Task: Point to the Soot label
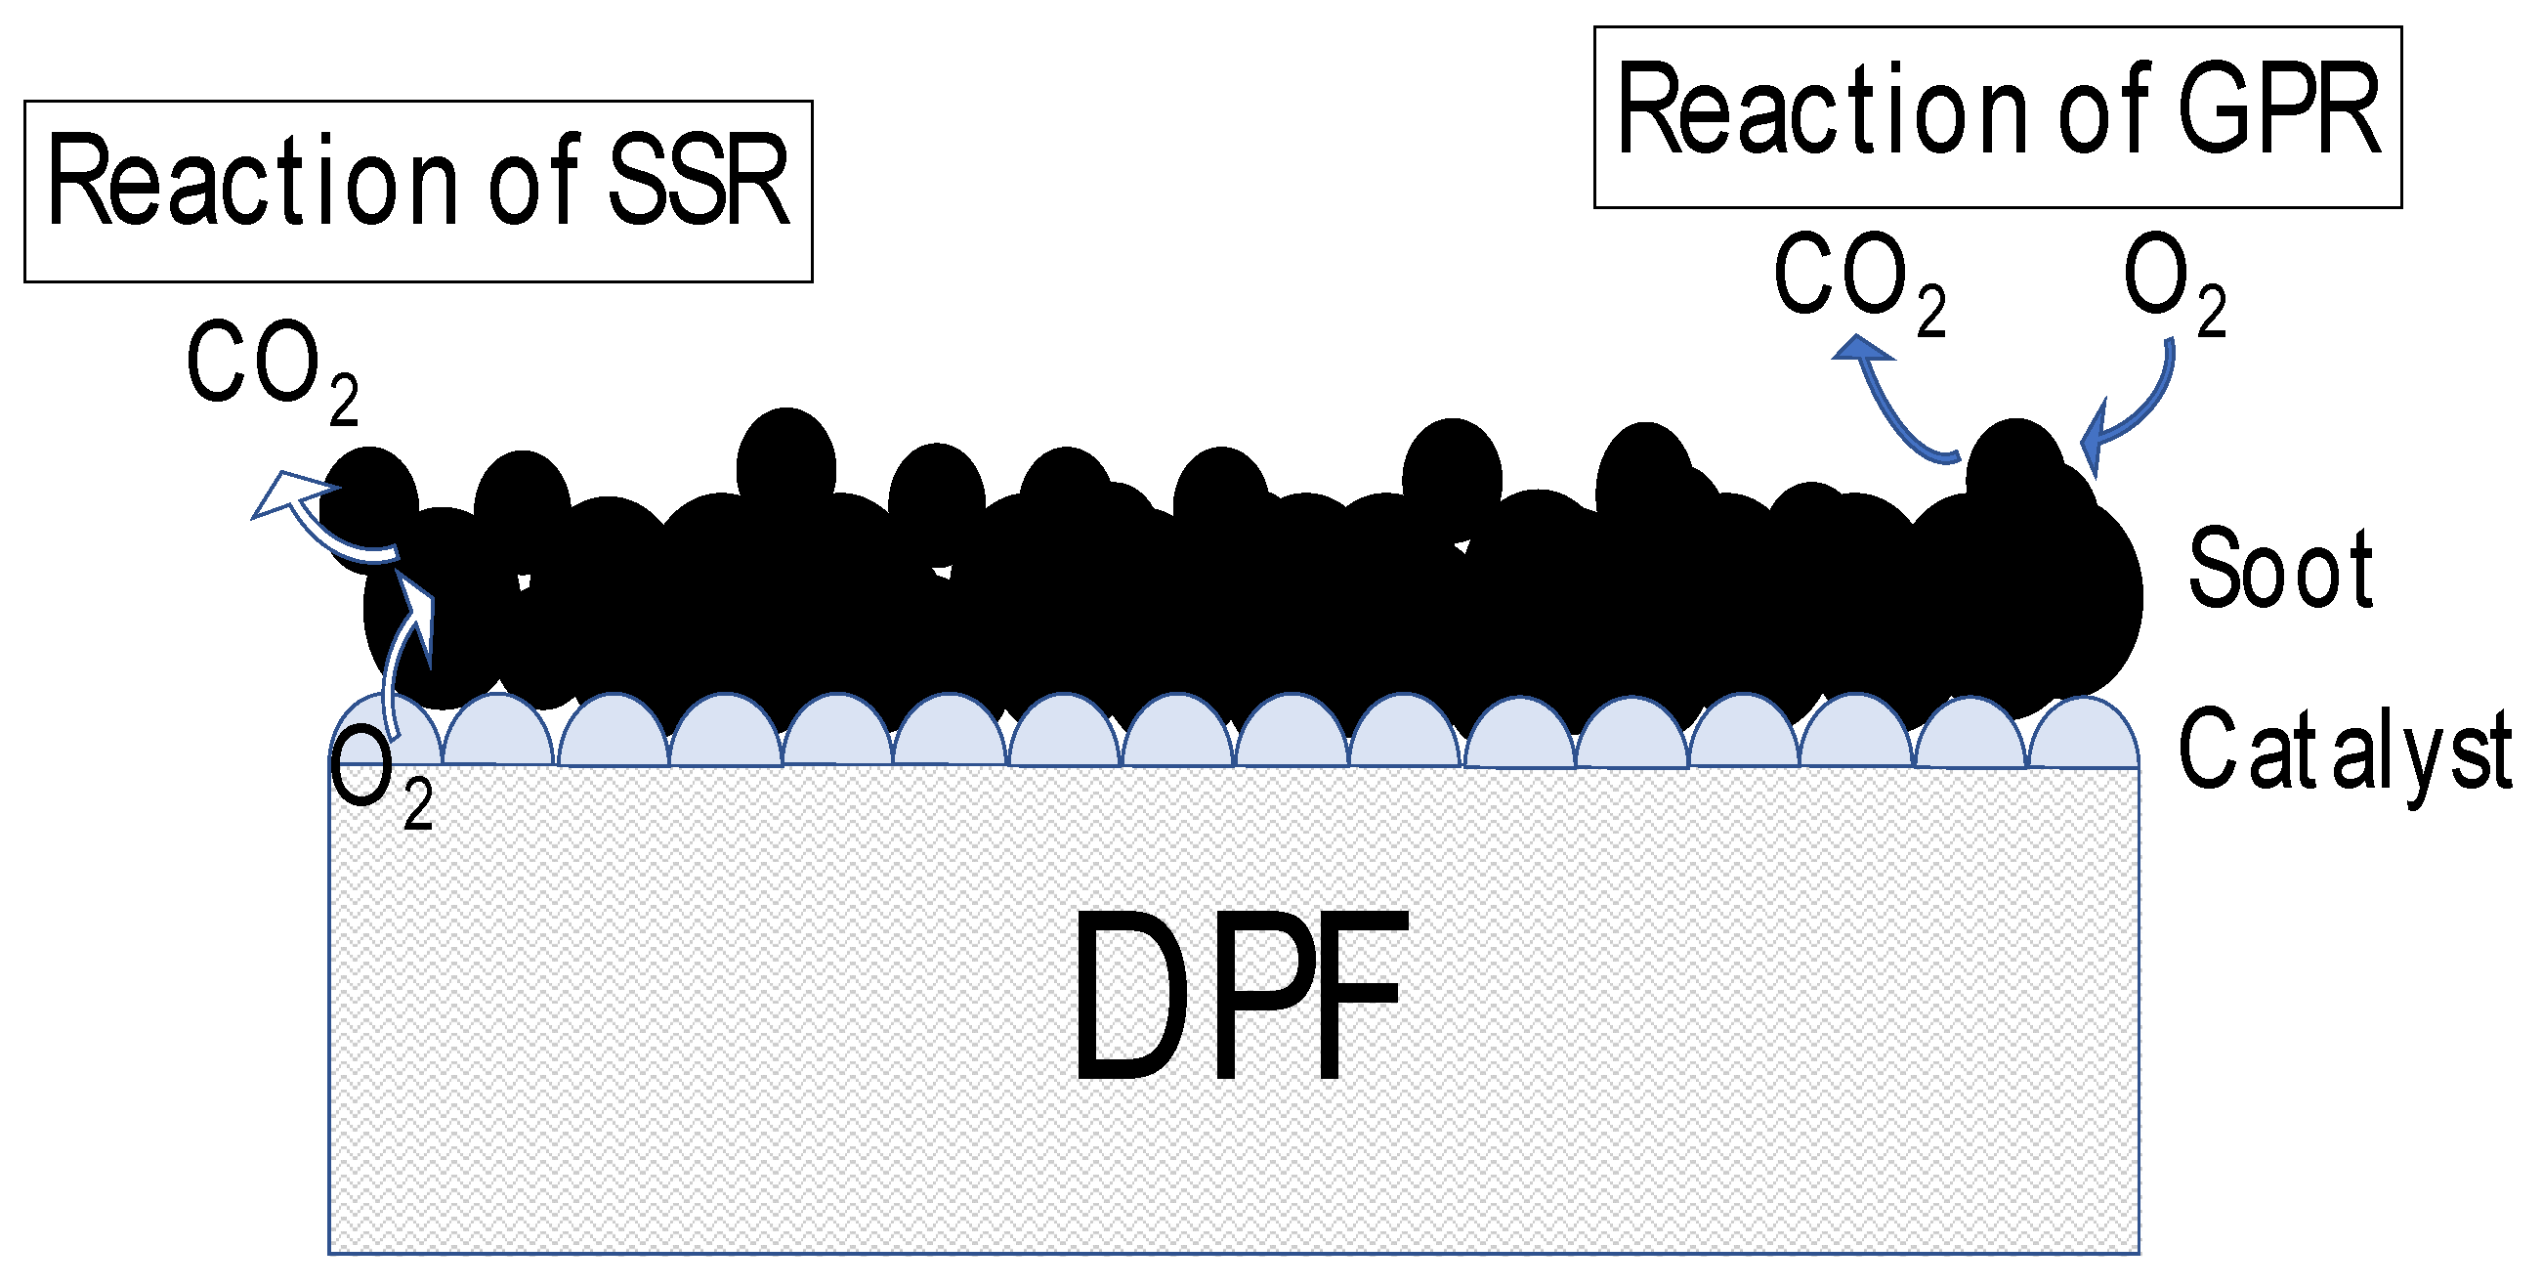[2279, 570]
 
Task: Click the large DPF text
[1239, 997]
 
